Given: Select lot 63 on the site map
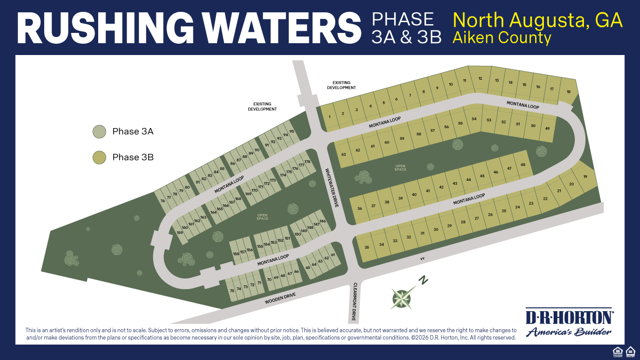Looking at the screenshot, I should pyautogui.click(x=343, y=154).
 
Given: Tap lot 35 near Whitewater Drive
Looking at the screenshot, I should pyautogui.click(x=367, y=247).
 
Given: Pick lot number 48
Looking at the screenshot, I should pyautogui.click(x=523, y=165).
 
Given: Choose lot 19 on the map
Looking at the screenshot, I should pyautogui.click(x=585, y=177).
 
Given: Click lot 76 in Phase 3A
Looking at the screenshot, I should pyautogui.click(x=163, y=201).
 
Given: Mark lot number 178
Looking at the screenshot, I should pyautogui.click(x=307, y=163).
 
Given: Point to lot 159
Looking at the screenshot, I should pyautogui.click(x=180, y=233).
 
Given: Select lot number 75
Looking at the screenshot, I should pyautogui.click(x=232, y=291).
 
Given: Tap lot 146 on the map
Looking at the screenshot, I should pyautogui.click(x=322, y=221).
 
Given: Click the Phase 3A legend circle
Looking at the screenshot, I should pyautogui.click(x=99, y=132).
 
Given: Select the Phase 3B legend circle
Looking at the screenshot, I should pyautogui.click(x=99, y=157).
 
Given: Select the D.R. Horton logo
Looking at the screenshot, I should pyautogui.click(x=568, y=321).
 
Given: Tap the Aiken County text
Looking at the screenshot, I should pyautogui.click(x=502, y=38).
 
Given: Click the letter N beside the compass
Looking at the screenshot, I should pyautogui.click(x=424, y=281).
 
